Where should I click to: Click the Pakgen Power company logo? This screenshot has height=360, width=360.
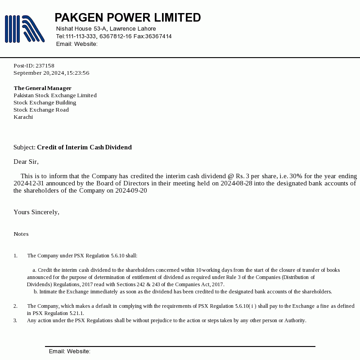pyautogui.click(x=24, y=29)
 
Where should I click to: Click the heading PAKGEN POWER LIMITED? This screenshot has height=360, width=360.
pyautogui.click(x=127, y=18)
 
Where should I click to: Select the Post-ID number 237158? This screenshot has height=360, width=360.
pyautogui.click(x=45, y=66)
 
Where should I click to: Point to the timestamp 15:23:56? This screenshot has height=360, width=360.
pyautogui.click(x=78, y=73)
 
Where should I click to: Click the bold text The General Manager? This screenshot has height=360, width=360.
pyautogui.click(x=42, y=88)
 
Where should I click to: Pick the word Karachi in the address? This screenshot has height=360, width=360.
pyautogui.click(x=23, y=117)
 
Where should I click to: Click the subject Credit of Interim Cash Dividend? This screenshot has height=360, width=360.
pyautogui.click(x=84, y=147)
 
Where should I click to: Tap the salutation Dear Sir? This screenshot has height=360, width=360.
pyautogui.click(x=26, y=162)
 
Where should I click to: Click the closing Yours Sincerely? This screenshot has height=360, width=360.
pyautogui.click(x=36, y=212)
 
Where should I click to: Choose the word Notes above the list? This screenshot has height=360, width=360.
pyautogui.click(x=21, y=234)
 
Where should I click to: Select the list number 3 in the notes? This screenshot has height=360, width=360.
pyautogui.click(x=15, y=320)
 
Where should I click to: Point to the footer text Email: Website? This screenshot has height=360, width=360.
pyautogui.click(x=70, y=351)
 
